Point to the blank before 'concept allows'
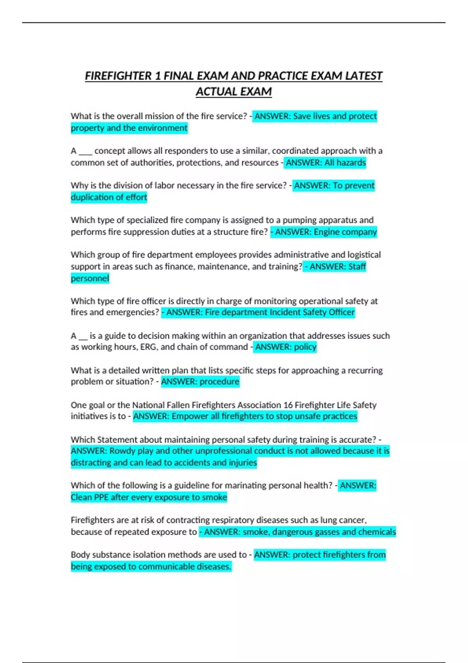[x=85, y=151]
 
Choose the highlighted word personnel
[x=90, y=278]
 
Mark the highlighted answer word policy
[x=305, y=347]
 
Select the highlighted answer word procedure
[x=220, y=381]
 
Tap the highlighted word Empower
[x=190, y=417]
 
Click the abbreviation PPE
[x=101, y=497]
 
